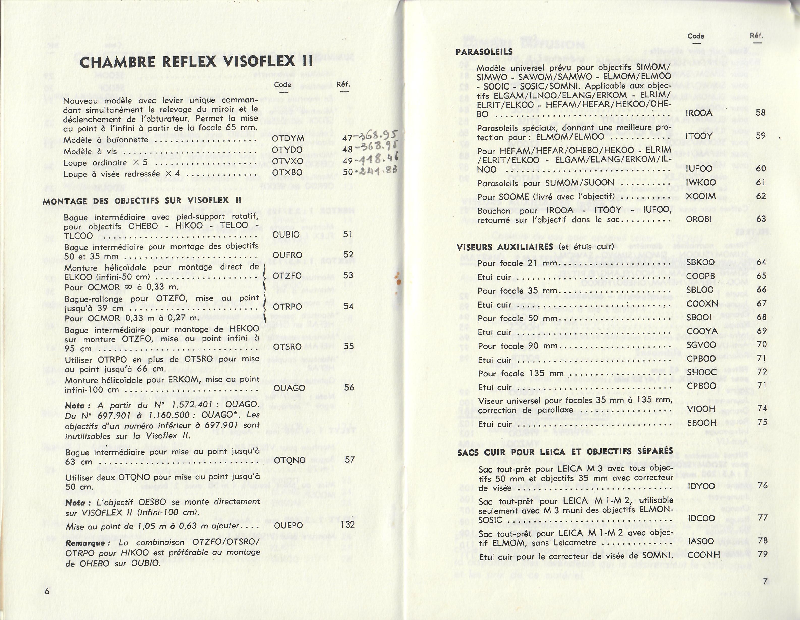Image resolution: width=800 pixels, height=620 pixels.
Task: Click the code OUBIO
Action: (287, 235)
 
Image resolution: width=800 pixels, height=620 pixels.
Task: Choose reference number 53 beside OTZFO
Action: (348, 275)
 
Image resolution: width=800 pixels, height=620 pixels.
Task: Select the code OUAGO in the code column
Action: (289, 388)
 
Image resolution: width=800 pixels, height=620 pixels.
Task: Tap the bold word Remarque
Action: (85, 543)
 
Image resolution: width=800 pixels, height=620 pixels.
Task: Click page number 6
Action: (47, 592)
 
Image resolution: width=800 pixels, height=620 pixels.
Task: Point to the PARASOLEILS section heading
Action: (484, 52)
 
